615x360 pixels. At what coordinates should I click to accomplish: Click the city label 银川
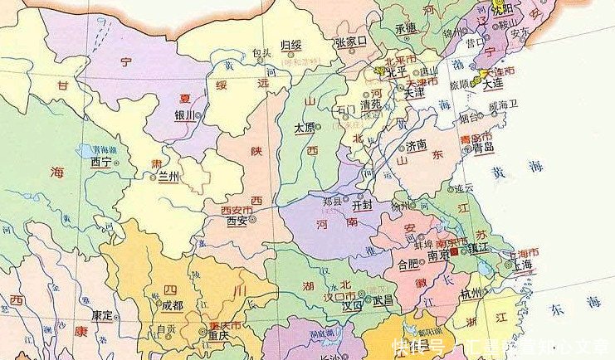[x=184, y=115]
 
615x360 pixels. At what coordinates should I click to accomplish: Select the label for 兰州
[x=168, y=178]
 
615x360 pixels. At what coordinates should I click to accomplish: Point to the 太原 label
[x=305, y=128]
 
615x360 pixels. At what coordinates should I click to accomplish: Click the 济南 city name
[x=417, y=145]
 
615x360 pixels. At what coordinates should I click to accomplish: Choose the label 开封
[x=363, y=203]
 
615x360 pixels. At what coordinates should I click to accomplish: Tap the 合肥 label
[x=408, y=265]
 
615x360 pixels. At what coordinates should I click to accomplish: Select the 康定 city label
[x=103, y=315]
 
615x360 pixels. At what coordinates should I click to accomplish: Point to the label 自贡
[x=166, y=330]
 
